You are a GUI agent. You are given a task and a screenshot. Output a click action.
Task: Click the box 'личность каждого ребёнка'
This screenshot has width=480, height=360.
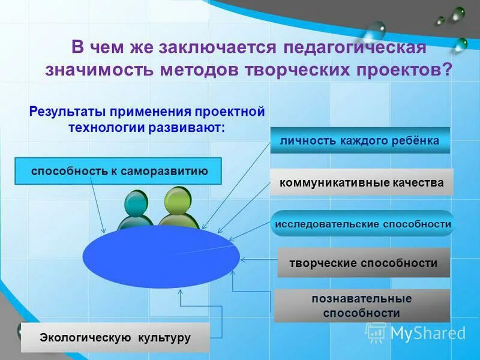(359, 140)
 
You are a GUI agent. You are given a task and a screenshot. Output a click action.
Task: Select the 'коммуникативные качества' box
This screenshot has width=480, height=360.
(361, 182)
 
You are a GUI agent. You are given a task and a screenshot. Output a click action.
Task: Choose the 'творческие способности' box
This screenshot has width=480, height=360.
(363, 263)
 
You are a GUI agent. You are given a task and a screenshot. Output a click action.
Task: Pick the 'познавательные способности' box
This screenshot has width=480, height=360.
(361, 305)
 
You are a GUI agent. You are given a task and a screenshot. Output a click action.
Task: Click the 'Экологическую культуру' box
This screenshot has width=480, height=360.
(115, 337)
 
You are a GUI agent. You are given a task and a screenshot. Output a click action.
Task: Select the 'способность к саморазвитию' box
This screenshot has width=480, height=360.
(118, 171)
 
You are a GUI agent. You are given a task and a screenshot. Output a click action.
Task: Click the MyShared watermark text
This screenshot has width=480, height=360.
(428, 332)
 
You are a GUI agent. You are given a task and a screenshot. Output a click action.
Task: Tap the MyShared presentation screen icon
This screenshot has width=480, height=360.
(376, 332)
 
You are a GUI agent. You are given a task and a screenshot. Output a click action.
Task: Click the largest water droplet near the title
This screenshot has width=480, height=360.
(376, 29)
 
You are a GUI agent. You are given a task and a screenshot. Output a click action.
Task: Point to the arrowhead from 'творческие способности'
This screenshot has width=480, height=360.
(243, 259)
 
